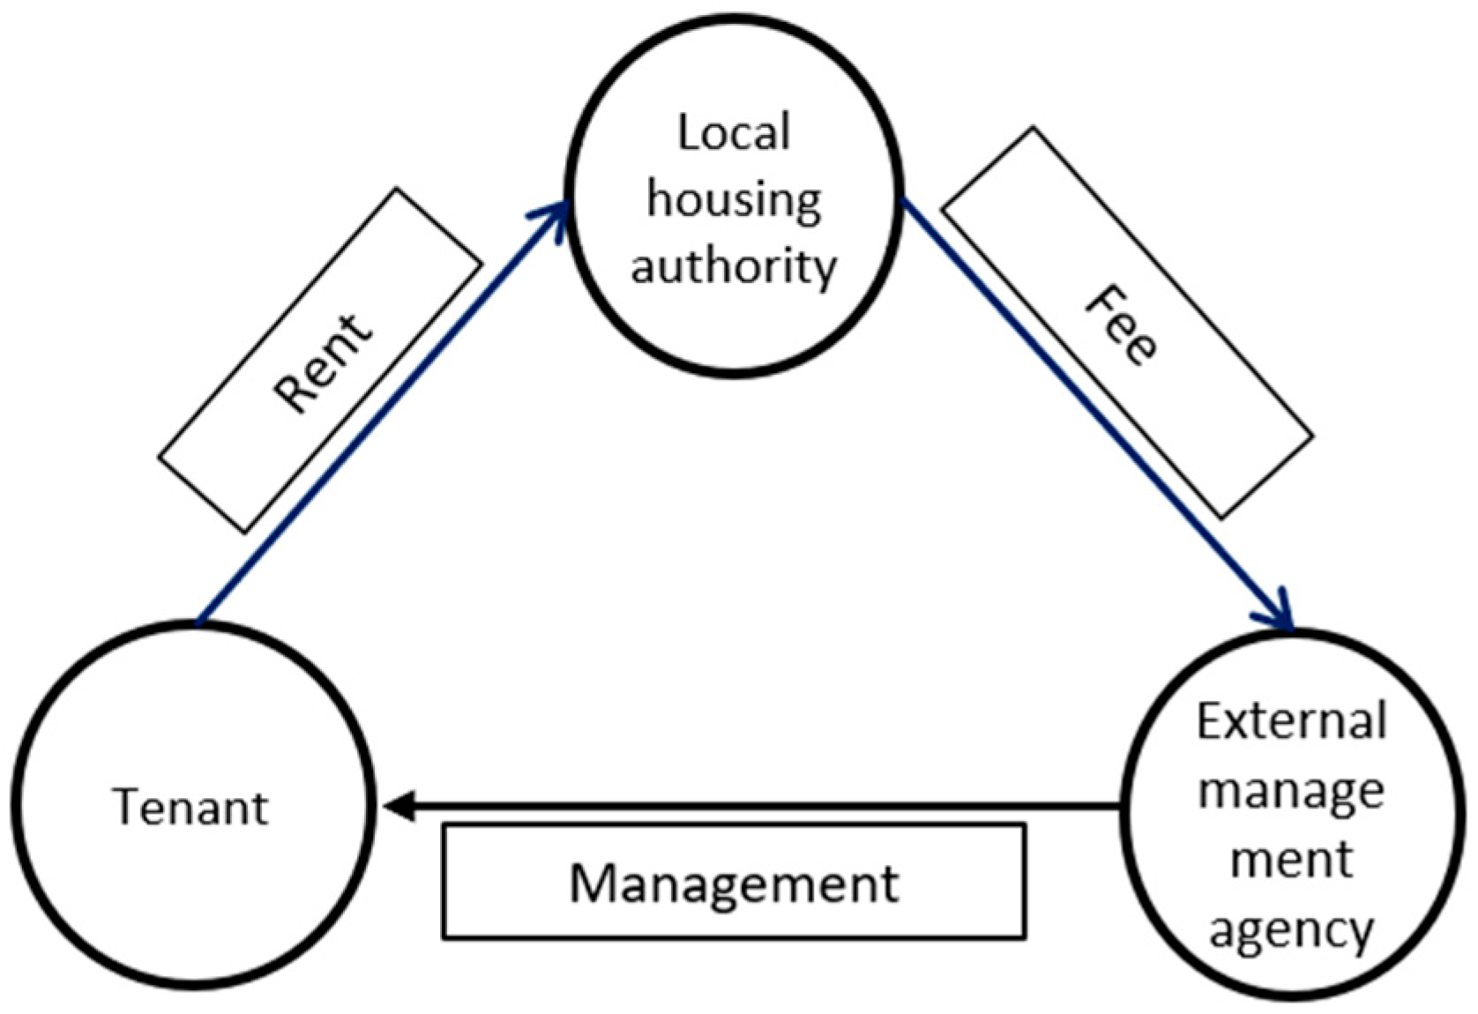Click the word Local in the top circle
[733, 134]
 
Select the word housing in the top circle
[734, 200]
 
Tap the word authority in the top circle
[733, 265]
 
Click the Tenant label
[190, 807]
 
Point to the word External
[1291, 721]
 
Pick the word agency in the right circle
[1291, 929]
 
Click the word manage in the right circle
[1291, 791]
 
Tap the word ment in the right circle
[1291, 860]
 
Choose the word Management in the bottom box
[734, 883]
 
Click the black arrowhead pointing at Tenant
[399, 806]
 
